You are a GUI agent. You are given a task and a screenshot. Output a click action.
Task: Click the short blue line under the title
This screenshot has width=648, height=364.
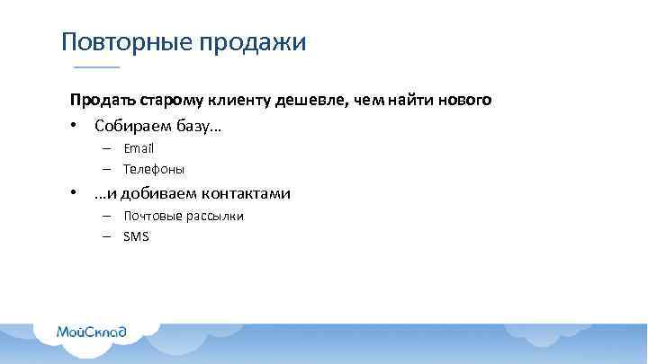95,68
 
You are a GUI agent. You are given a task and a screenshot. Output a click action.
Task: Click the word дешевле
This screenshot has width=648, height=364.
316,101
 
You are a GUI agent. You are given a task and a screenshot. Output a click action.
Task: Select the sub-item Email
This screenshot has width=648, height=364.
139,148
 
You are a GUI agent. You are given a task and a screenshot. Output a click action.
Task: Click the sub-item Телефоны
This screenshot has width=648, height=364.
154,169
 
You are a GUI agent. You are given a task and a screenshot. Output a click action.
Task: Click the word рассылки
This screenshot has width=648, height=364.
215,216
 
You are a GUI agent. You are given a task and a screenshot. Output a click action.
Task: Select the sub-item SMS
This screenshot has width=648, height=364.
137,236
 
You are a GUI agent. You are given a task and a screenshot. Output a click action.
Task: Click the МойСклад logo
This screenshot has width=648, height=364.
91,332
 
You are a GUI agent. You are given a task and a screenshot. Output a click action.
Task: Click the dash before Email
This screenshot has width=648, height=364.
106,148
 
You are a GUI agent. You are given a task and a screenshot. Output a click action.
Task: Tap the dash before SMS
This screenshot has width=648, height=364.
106,236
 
